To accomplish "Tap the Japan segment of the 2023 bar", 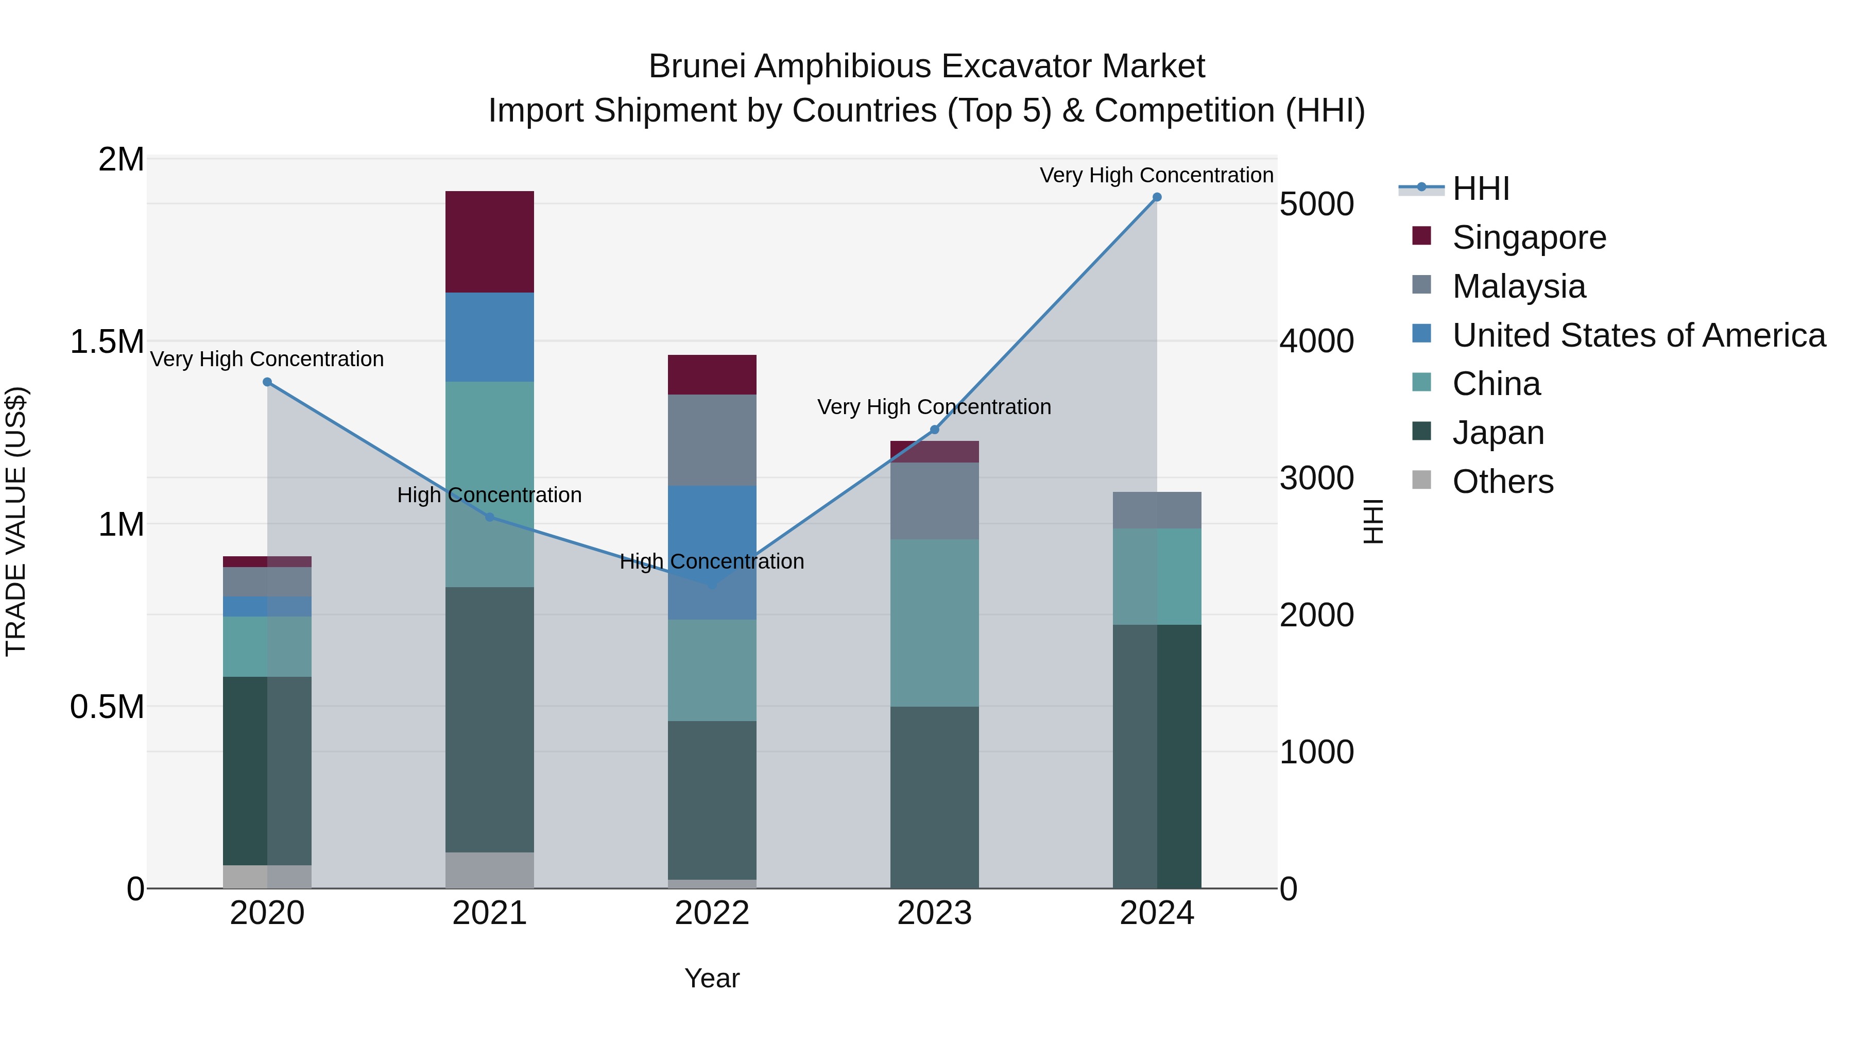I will click(934, 797).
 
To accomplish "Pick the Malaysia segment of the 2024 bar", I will click(1157, 510).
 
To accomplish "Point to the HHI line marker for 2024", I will click(1157, 197).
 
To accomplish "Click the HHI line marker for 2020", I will click(267, 382).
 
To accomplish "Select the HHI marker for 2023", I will click(934, 430).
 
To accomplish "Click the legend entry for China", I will click(1496, 384).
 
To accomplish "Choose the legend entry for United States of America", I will click(1638, 335).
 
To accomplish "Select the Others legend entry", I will click(1502, 482).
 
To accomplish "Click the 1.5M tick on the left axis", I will click(107, 341).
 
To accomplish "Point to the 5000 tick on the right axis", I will click(1316, 204).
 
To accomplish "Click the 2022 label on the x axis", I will click(712, 913).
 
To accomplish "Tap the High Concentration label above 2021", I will click(489, 495).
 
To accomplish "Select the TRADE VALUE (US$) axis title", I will click(16, 522).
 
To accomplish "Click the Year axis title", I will click(712, 978).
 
